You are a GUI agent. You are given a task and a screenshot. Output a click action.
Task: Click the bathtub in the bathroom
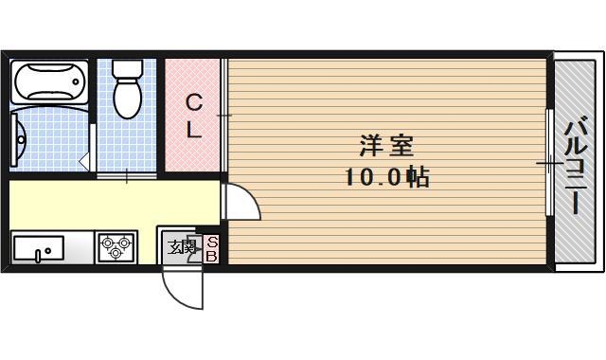(x=49, y=83)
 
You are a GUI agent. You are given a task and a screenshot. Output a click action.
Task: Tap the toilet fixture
(x=126, y=90)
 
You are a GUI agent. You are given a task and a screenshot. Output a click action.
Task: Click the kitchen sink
(x=39, y=249)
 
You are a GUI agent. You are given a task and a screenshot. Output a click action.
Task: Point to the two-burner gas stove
(x=116, y=248)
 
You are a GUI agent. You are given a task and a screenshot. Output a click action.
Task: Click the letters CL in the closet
(x=193, y=116)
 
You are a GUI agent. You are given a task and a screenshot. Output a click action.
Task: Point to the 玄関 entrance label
(x=181, y=248)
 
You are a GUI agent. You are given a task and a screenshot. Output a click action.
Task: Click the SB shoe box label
(x=212, y=248)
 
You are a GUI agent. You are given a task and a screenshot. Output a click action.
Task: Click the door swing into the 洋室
(x=239, y=201)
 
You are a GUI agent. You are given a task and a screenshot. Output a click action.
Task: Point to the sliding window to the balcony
(x=550, y=164)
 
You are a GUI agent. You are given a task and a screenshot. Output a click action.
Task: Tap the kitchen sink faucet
(x=38, y=254)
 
